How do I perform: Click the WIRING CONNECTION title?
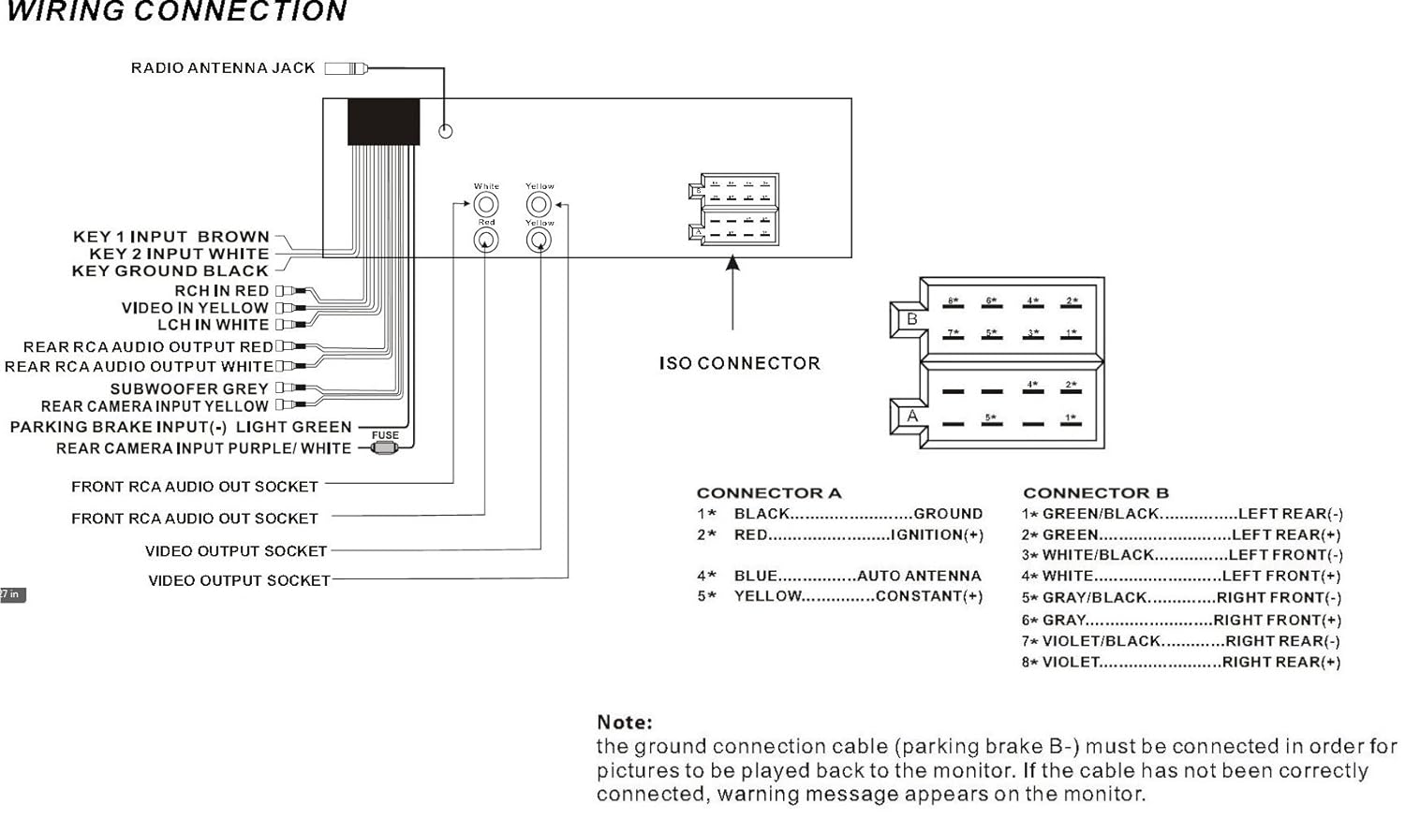177,12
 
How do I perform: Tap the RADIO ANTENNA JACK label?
223,68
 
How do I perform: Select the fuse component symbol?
384,447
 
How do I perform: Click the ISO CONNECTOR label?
739,363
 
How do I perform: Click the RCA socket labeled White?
486,204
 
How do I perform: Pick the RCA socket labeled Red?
486,241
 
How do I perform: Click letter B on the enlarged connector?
912,319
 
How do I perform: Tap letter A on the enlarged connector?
912,416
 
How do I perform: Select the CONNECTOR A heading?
769,493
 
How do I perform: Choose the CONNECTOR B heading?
1096,493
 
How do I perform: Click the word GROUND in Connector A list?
948,514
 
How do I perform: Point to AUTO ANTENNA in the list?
919,576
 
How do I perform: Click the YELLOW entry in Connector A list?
768,596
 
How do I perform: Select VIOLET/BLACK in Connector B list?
1102,641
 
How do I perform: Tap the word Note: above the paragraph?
625,723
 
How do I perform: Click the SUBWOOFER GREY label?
189,388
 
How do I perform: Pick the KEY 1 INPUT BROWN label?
171,237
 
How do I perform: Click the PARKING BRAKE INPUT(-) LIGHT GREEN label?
181,427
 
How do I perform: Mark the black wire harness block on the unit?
383,122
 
